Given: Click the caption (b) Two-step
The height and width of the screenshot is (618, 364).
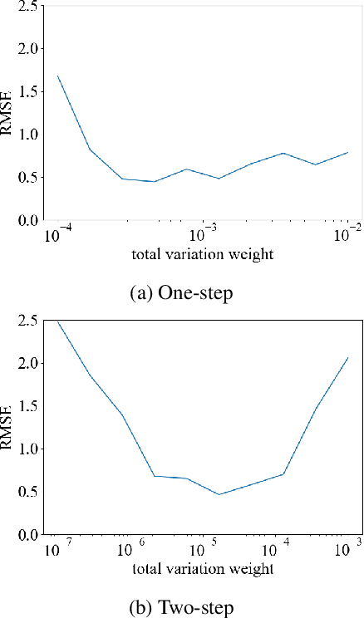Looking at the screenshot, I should pos(181,606).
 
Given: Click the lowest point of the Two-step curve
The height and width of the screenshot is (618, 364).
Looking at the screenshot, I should pos(219,494).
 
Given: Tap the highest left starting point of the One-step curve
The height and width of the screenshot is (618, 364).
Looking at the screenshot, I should pos(57,76).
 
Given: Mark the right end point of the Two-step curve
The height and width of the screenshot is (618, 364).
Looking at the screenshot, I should pos(347,357).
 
